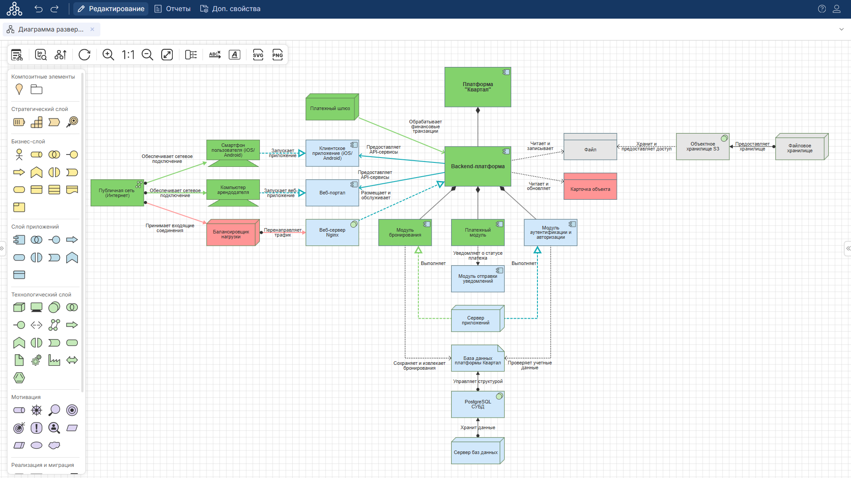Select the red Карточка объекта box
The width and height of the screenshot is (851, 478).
(590, 189)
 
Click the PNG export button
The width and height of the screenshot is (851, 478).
(278, 55)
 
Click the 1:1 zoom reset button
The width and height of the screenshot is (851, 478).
(128, 55)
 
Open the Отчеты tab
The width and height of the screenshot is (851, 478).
(172, 9)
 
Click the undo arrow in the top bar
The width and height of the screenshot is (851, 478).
(39, 9)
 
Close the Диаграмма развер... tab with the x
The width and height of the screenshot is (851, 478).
(92, 29)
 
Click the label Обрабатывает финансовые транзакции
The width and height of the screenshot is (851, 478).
(425, 126)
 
